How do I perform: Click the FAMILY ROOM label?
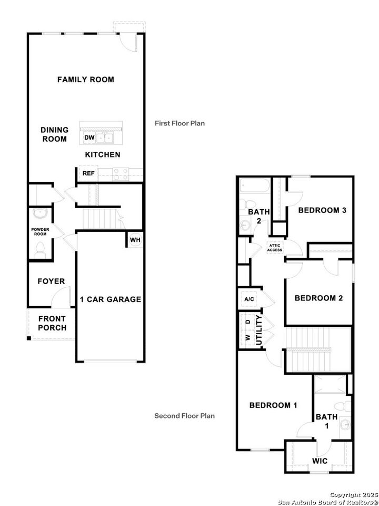pyautogui.click(x=85, y=80)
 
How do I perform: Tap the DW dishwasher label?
pyautogui.click(x=89, y=138)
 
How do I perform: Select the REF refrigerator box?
pyautogui.click(x=87, y=173)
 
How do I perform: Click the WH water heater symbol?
pyautogui.click(x=135, y=239)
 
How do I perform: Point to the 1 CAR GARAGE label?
pyautogui.click(x=111, y=299)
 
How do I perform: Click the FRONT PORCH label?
pyautogui.click(x=52, y=323)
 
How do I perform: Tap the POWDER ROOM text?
pyautogui.click(x=40, y=232)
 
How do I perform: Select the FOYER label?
pyautogui.click(x=51, y=281)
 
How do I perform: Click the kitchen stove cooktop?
pyautogui.click(x=121, y=173)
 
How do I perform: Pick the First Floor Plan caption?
pyautogui.click(x=179, y=123)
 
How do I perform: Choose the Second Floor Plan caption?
pyautogui.click(x=184, y=416)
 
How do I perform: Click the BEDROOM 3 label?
pyautogui.click(x=322, y=210)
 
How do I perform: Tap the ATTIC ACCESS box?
pyautogui.click(x=275, y=247)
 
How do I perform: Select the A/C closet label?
pyautogui.click(x=249, y=299)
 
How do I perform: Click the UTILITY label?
pyautogui.click(x=258, y=330)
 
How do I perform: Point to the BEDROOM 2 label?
pyautogui.click(x=318, y=298)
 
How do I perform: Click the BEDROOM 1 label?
pyautogui.click(x=273, y=405)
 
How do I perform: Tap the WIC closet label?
pyautogui.click(x=320, y=461)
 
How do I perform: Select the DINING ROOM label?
pyautogui.click(x=55, y=134)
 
